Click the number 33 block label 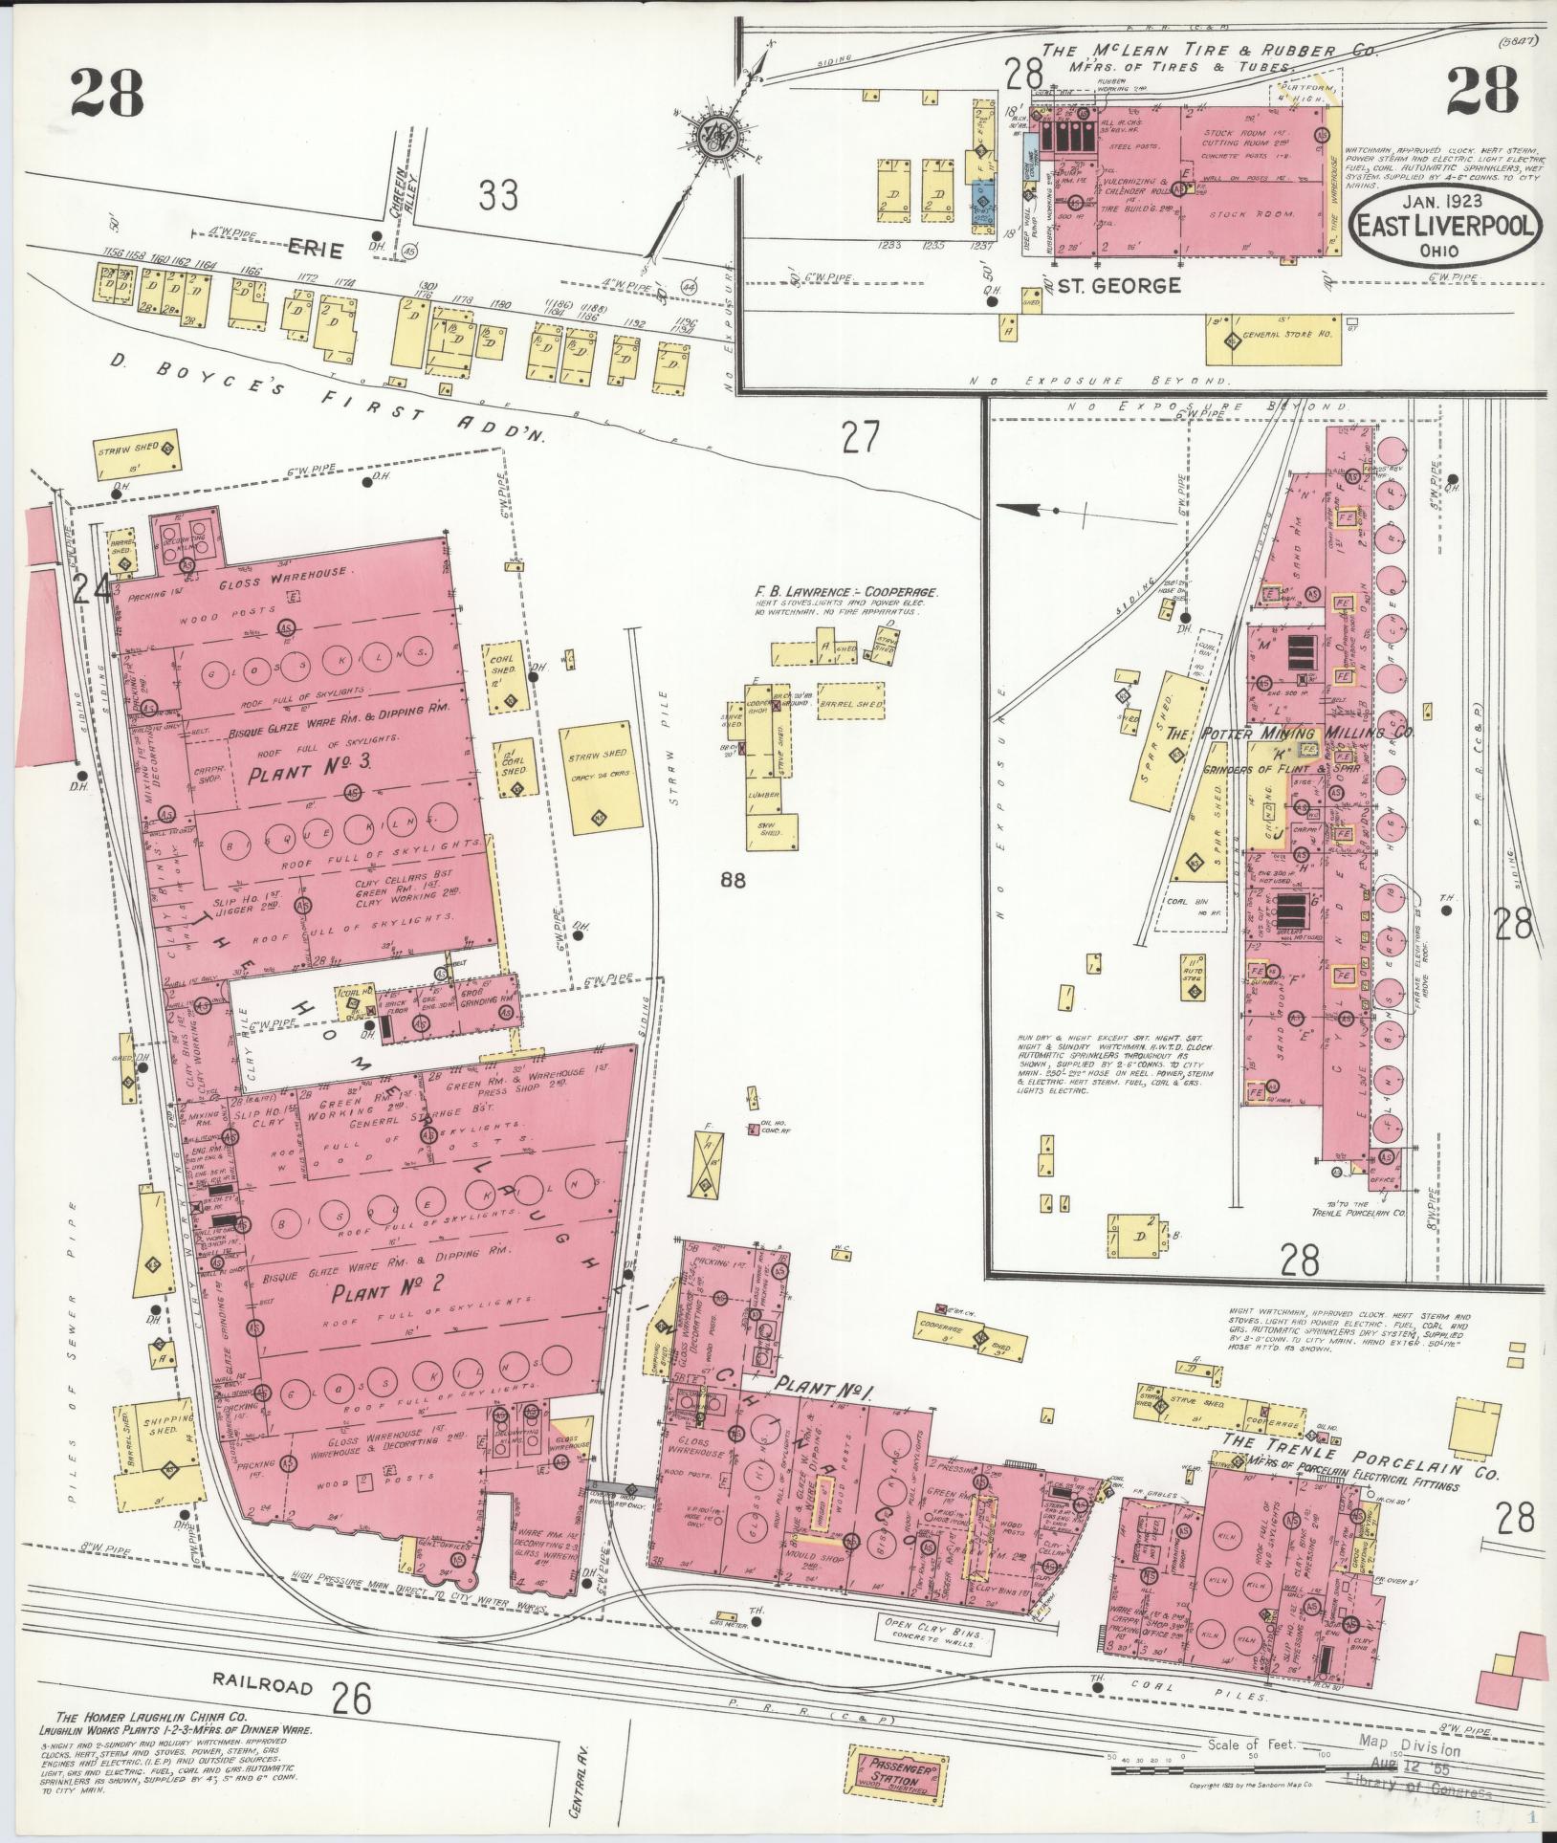point(498,197)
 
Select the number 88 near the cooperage point(734,880)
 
